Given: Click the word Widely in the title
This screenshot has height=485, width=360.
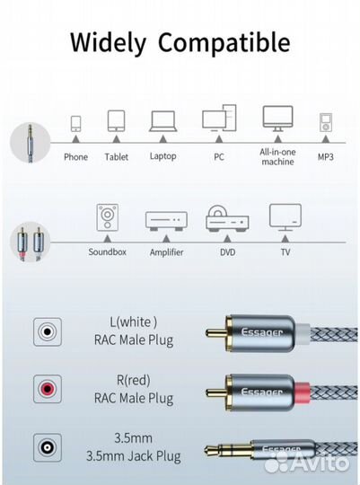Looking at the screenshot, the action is coord(108,43).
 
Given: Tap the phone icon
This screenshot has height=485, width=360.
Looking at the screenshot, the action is coord(75,124).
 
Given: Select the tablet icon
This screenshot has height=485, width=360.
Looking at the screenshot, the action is coord(117,121).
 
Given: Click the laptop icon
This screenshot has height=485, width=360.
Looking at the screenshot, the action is coord(163,121).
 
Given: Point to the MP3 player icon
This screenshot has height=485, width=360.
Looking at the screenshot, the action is coord(325,122).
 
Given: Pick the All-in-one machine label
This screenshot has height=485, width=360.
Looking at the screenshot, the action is coord(277,157).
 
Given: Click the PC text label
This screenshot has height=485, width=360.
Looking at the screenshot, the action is coord(219,157).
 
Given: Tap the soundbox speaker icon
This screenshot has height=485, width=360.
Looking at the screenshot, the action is coord(108,217).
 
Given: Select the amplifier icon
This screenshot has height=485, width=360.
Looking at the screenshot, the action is coord(166,221).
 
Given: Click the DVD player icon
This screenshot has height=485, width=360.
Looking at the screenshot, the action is coord(227,218).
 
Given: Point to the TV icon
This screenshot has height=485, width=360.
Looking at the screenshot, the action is coord(285,217).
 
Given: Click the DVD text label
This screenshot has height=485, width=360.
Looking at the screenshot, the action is coord(228,252).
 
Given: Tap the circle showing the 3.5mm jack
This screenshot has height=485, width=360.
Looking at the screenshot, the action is coord(30,142).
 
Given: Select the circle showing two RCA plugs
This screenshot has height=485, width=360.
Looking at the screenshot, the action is coord(30,242).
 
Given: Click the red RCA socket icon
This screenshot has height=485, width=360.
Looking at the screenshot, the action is coord(48,389).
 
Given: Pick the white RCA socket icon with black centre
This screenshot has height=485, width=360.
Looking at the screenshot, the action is coord(48,331).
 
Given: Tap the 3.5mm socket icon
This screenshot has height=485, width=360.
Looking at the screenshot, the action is coord(48,447).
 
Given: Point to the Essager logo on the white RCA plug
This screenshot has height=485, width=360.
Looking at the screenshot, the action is coord(261,333).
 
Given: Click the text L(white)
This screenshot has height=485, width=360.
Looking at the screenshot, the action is coord(134,322).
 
